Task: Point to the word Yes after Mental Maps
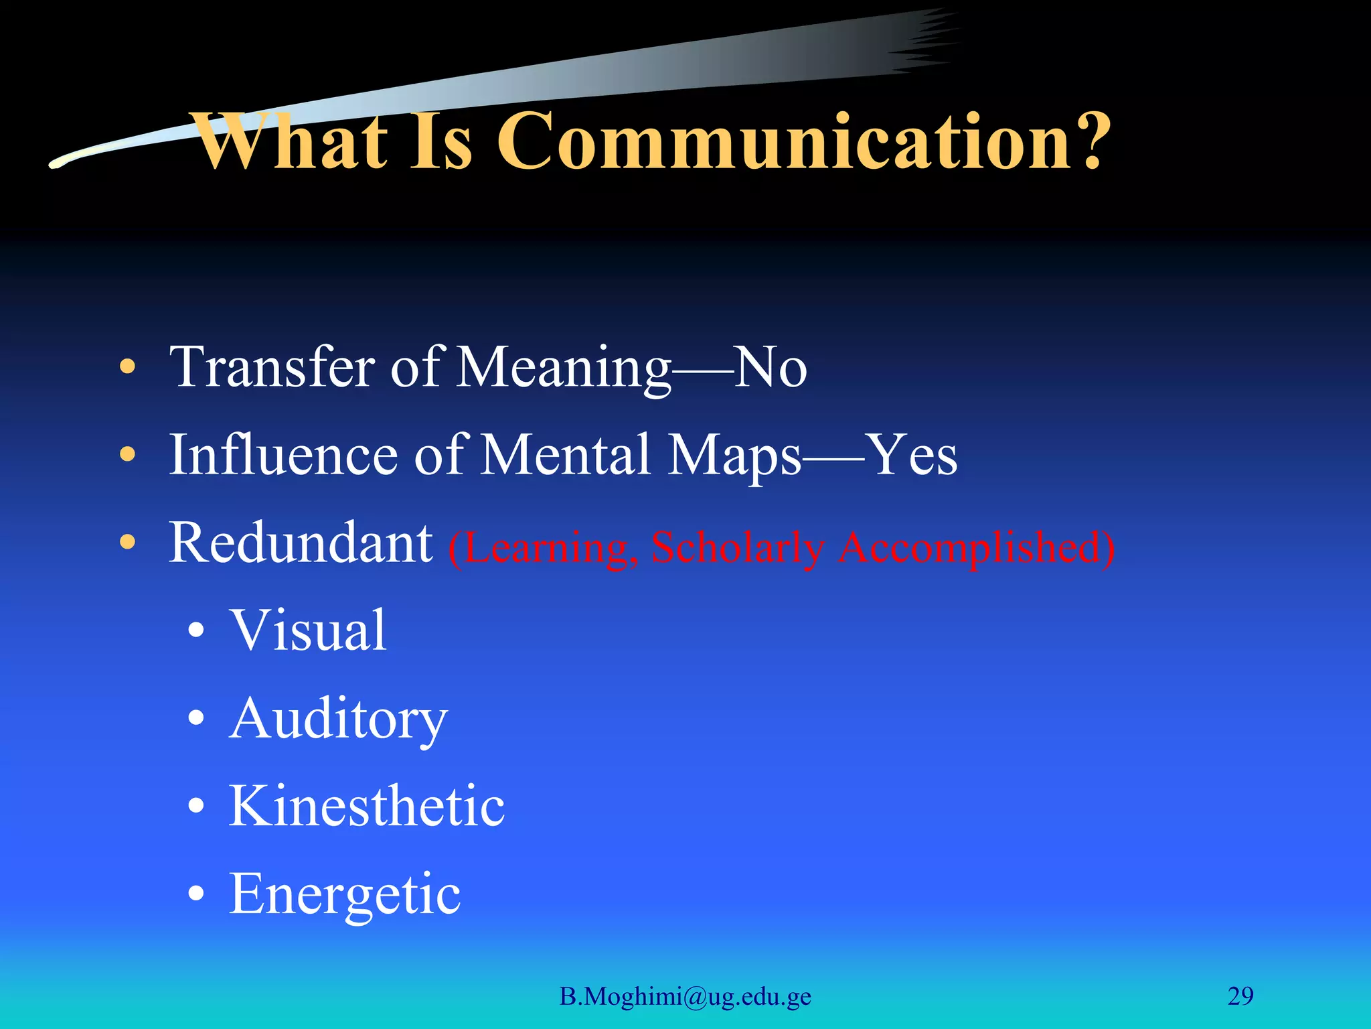click(911, 456)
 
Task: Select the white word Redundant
click(301, 543)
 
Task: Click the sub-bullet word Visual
click(308, 631)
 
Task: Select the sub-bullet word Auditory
click(338, 719)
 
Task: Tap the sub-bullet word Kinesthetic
click(367, 807)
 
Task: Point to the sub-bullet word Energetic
click(345, 894)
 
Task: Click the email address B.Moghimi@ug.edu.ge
click(685, 997)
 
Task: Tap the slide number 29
click(1240, 996)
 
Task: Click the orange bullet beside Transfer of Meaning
click(127, 368)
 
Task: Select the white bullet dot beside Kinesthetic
click(196, 807)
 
